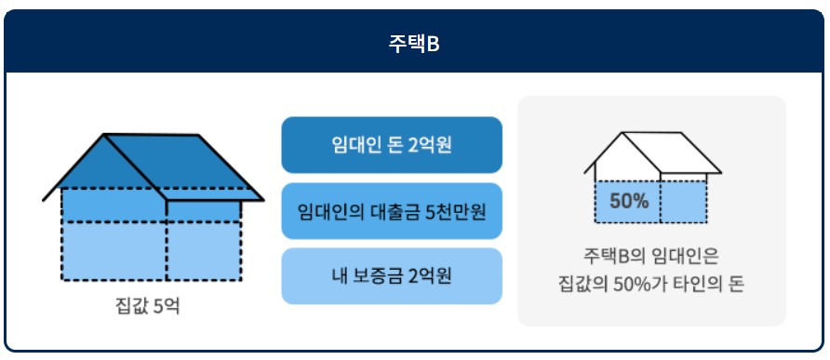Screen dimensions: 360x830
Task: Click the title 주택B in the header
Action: [414, 44]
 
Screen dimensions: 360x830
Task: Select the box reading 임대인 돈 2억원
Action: [391, 145]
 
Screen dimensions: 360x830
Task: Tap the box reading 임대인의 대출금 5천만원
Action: [391, 211]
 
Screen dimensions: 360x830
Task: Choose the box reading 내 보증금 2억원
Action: [391, 276]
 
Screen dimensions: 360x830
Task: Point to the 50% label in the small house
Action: [628, 200]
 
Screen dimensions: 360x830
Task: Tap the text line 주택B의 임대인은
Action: [651, 254]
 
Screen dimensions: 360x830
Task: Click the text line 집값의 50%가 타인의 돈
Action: [651, 283]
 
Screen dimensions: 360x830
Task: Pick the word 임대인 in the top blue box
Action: [355, 145]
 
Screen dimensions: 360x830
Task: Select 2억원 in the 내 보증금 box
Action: [431, 276]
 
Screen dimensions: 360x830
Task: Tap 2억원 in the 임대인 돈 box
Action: [430, 145]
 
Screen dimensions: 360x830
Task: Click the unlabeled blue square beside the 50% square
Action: [684, 201]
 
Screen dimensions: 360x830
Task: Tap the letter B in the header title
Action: [434, 44]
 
